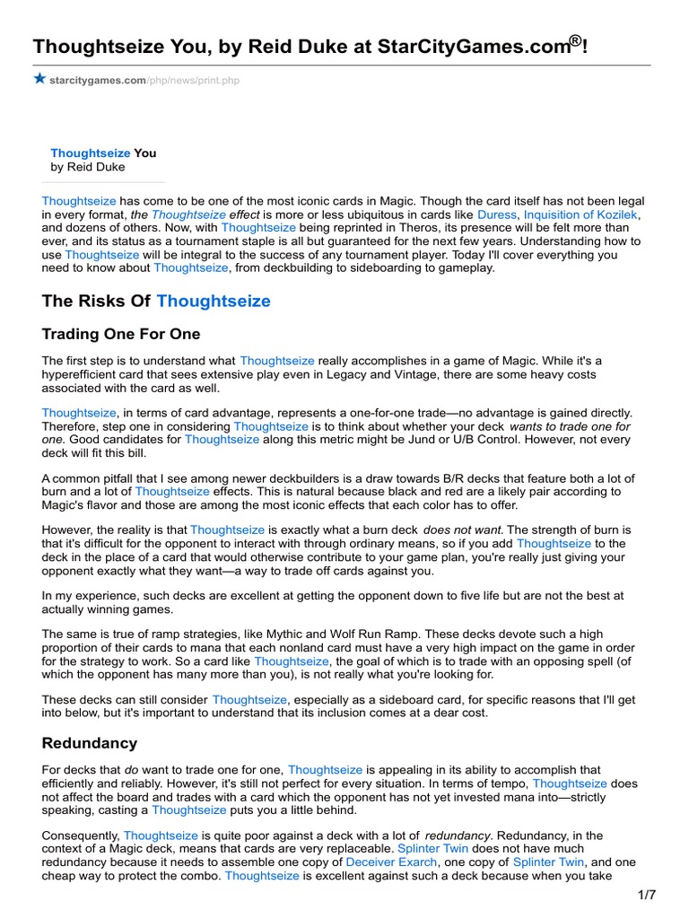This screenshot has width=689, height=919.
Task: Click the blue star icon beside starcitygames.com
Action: [x=39, y=79]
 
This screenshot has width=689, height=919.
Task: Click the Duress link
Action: [x=498, y=215]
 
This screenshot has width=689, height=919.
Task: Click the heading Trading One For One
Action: [x=121, y=335]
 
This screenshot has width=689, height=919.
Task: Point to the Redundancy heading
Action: [x=90, y=743]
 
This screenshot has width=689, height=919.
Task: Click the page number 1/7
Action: [x=648, y=896]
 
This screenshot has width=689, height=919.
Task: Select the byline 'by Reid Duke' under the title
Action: [x=88, y=167]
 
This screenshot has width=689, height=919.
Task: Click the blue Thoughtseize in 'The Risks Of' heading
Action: [x=214, y=301]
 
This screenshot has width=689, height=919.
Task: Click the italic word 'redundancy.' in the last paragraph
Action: [x=460, y=836]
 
